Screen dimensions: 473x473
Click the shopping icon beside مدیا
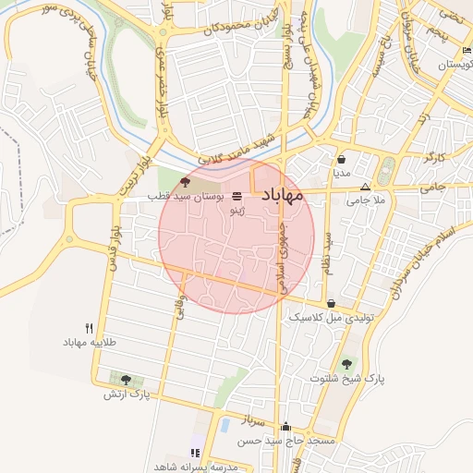click(x=342, y=158)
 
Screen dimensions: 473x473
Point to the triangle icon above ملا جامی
click(x=365, y=186)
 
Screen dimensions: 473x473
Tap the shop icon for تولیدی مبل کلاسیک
click(x=331, y=303)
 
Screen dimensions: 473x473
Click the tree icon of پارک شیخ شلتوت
click(x=346, y=364)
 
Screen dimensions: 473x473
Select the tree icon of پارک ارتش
click(x=126, y=379)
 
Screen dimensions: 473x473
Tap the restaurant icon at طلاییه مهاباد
click(x=90, y=328)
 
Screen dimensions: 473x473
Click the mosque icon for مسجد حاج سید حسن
click(x=286, y=427)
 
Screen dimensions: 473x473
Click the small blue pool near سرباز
click(x=224, y=425)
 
